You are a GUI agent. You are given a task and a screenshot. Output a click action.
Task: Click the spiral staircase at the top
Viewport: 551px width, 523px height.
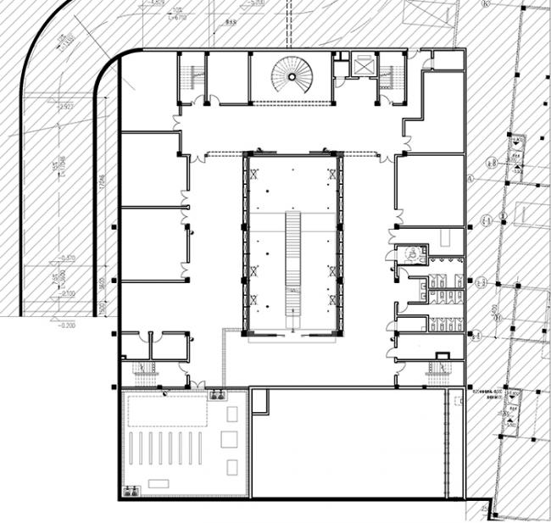[292, 76]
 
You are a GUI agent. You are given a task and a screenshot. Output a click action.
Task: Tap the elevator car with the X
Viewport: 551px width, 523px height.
[365, 66]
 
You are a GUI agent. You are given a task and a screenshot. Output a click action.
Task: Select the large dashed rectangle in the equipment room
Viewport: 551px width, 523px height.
[167, 412]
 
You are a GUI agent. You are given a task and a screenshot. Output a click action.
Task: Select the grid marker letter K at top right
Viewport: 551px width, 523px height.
[486, 4]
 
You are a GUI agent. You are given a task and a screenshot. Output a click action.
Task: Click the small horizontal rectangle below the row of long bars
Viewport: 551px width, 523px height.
[158, 484]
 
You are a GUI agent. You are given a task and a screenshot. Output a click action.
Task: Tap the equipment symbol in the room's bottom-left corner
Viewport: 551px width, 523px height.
[131, 489]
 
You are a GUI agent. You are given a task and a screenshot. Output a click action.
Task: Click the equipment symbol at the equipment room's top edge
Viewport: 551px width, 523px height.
[218, 394]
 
